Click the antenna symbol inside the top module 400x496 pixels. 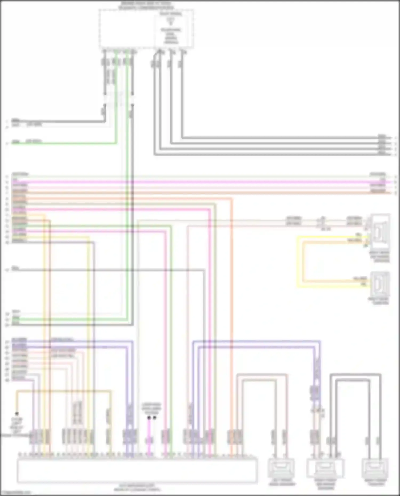pyautogui.click(x=171, y=21)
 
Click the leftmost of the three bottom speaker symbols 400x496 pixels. pyautogui.click(x=281, y=468)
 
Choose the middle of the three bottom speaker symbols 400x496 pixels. pyautogui.click(x=325, y=468)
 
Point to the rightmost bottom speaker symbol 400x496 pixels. pyautogui.click(x=375, y=468)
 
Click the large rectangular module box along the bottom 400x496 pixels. pyautogui.click(x=137, y=470)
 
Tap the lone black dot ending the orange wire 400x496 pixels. pyautogui.click(x=17, y=413)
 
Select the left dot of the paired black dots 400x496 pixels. pyautogui.click(x=149, y=418)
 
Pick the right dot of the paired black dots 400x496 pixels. pyautogui.click(x=154, y=418)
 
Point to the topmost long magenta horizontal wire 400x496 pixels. pyautogui.click(x=200, y=182)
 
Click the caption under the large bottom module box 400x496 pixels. pyautogui.click(x=137, y=487)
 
